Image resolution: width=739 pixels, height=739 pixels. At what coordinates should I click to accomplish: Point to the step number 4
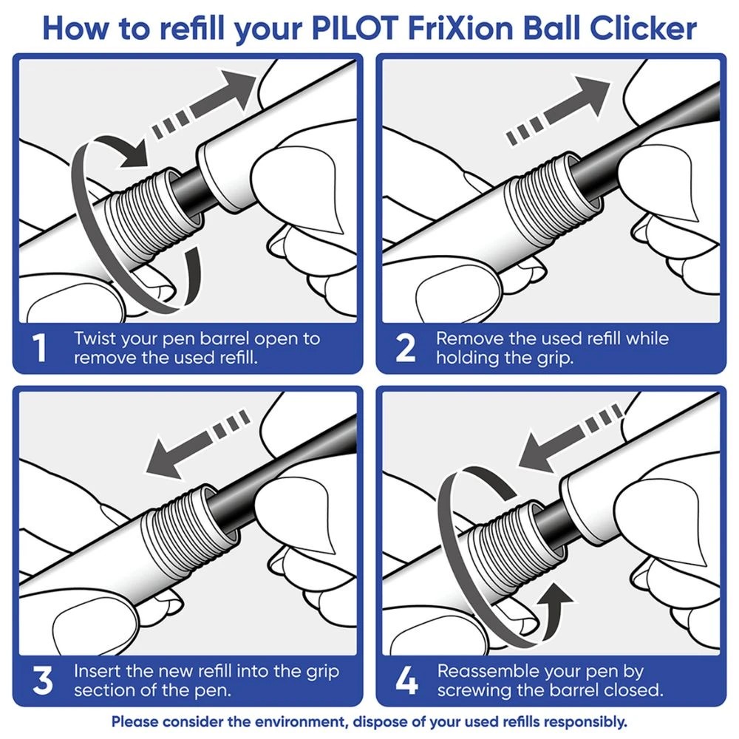click(x=405, y=681)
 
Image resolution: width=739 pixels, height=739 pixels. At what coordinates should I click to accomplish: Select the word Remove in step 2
click(x=466, y=339)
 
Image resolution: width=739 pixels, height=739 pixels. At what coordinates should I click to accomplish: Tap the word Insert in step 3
click(x=95, y=672)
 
